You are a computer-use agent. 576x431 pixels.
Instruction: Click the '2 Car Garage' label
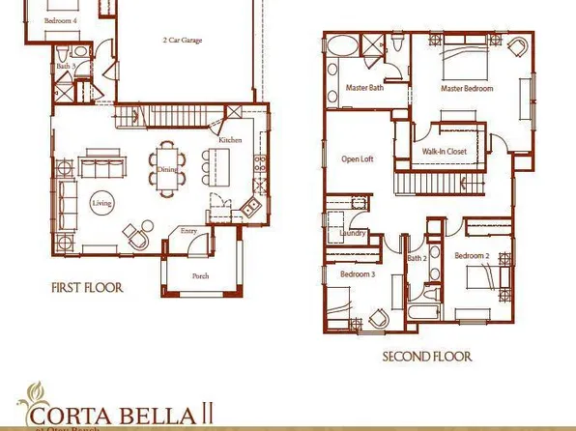pos(184,42)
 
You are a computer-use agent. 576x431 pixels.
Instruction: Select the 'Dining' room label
pos(164,169)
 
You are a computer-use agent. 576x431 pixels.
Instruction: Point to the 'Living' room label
pos(101,204)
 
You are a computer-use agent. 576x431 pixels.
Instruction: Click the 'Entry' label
pos(188,231)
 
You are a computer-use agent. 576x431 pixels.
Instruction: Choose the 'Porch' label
pos(200,275)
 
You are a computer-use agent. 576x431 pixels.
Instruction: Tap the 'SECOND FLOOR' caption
pos(426,357)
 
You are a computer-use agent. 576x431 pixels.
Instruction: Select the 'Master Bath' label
pos(364,88)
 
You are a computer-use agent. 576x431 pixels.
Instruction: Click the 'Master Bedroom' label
pos(468,88)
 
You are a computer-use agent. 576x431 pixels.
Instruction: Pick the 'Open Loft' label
pos(358,159)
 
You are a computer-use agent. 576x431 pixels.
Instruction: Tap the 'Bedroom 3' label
pos(357,274)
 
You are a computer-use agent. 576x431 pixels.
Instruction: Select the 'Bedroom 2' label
pos(473,256)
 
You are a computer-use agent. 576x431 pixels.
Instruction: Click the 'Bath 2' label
pos(417,258)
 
